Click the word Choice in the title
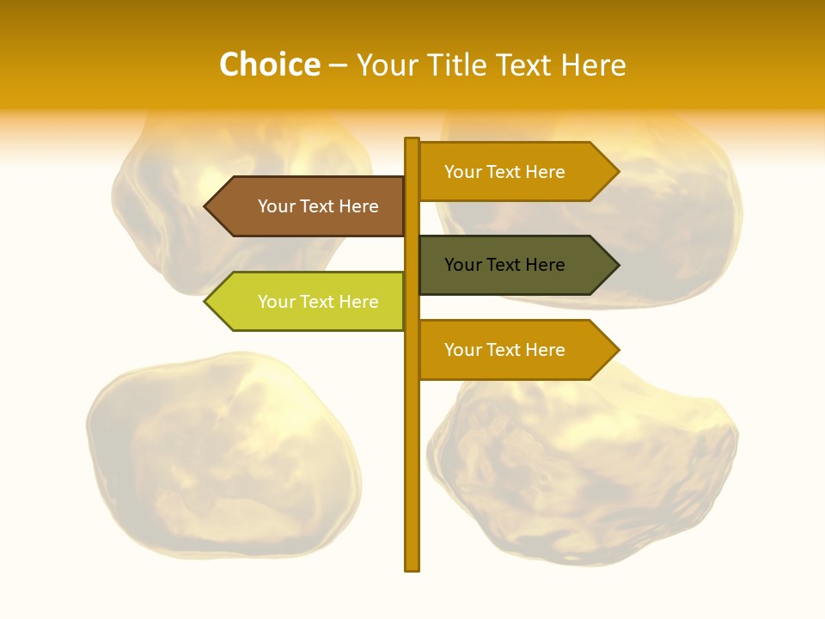pos(269,64)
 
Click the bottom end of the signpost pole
pos(412,567)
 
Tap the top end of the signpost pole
pos(412,141)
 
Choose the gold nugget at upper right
pos(679,215)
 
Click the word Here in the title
pos(594,64)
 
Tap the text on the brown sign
pos(318,206)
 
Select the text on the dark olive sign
pos(504,265)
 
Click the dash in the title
pos(338,65)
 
